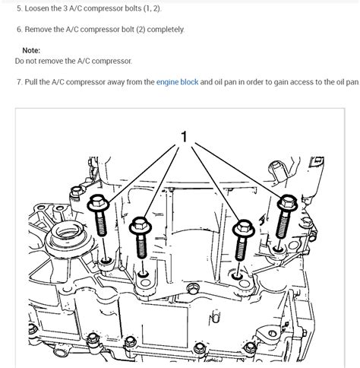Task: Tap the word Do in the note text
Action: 20,59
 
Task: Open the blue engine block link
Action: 178,81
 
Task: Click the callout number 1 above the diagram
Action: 183,137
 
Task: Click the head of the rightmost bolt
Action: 286,202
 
